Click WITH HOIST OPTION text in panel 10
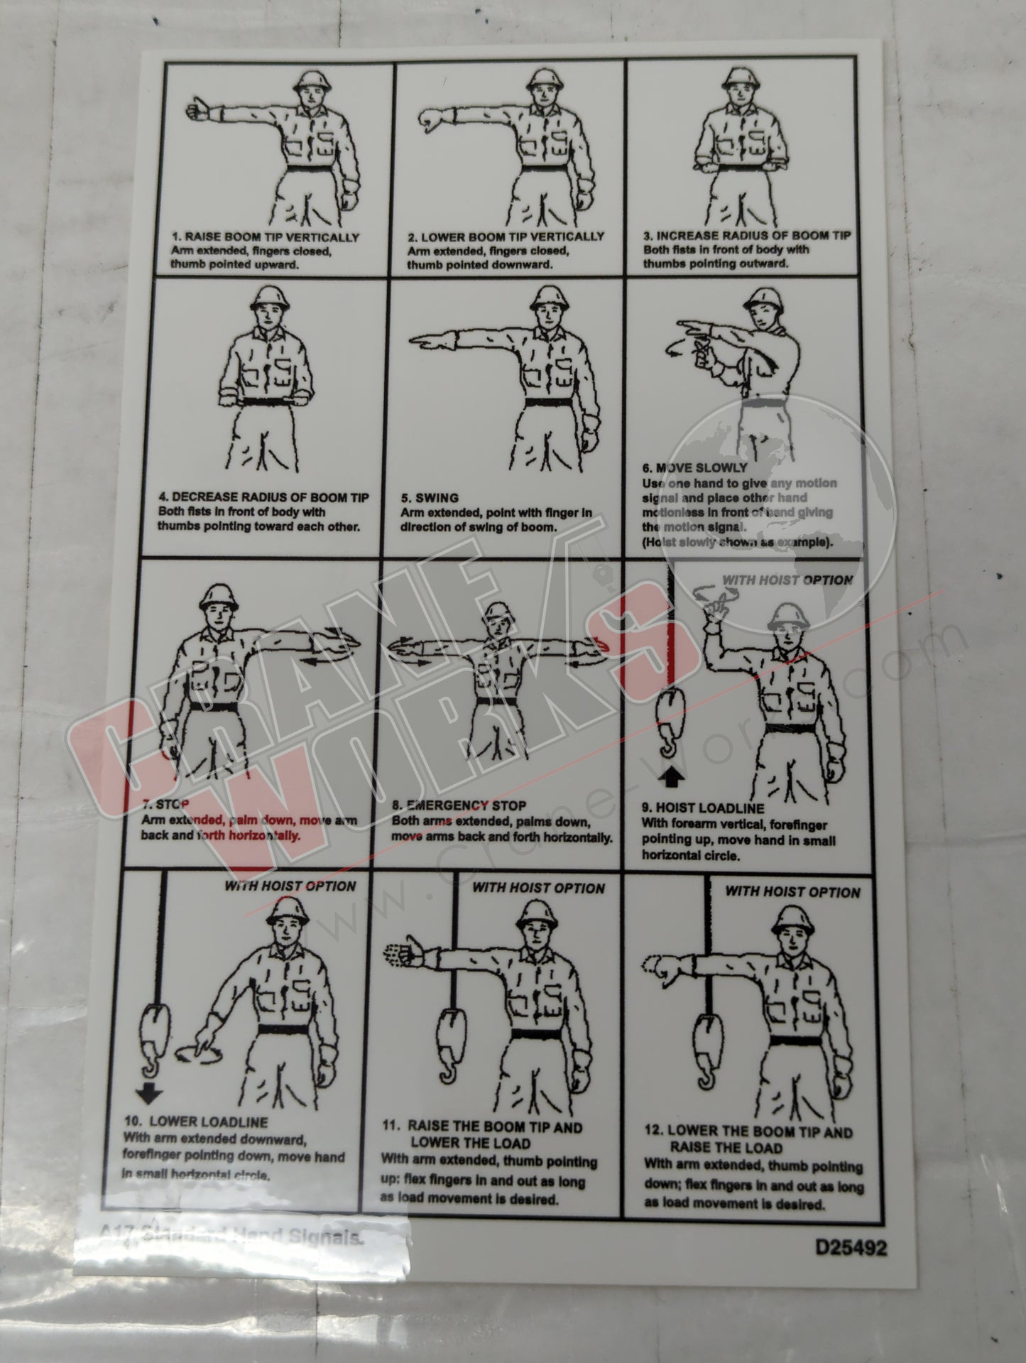pyautogui.click(x=290, y=886)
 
